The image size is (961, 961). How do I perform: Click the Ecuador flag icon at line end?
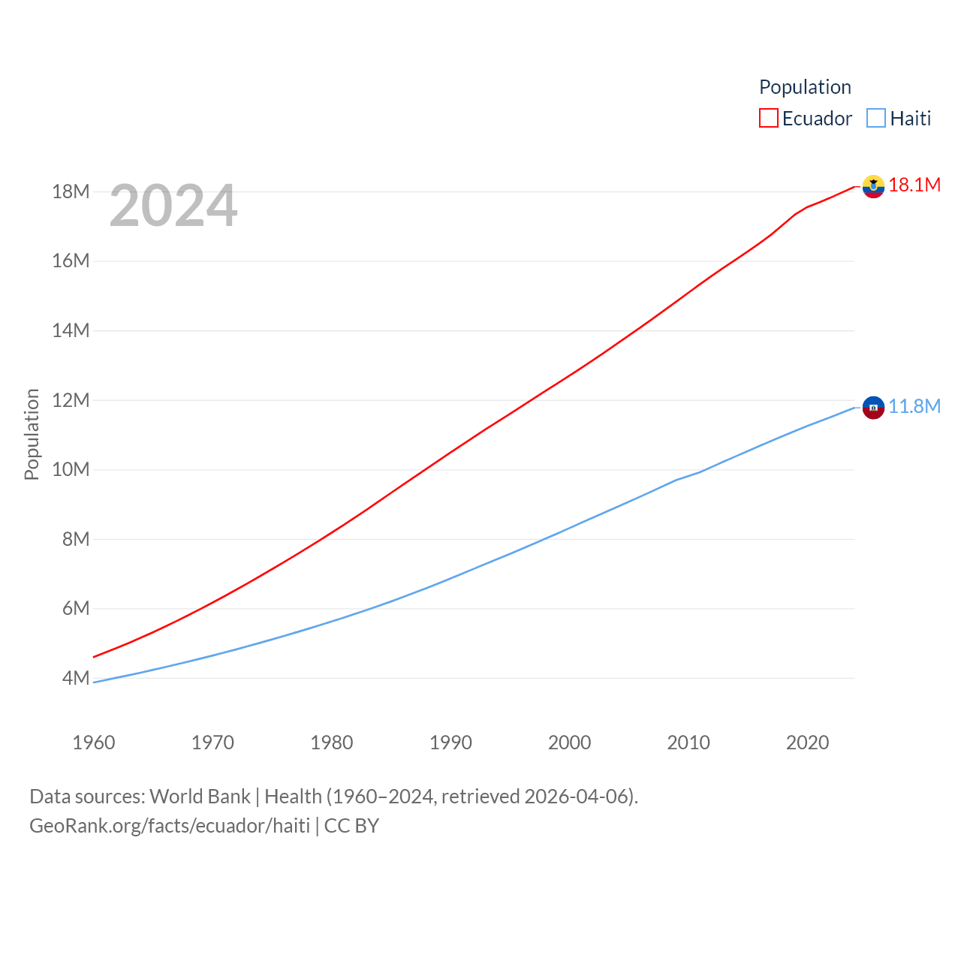pos(873,186)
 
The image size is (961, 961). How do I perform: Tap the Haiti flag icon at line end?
pos(873,408)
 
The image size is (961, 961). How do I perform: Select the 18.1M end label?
pos(914,185)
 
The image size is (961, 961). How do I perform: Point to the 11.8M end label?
pos(914,406)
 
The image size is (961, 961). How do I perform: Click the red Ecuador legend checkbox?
pos(769,118)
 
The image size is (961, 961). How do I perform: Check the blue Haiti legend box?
pos(876,118)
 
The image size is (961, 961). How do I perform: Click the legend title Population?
pos(805,87)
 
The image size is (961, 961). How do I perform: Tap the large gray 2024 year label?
pos(173,206)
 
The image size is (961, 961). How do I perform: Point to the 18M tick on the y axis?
pos(71,191)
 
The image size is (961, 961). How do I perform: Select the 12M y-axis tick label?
pos(71,400)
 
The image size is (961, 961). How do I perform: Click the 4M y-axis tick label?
pos(76,678)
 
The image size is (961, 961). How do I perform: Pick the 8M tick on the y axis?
pos(76,539)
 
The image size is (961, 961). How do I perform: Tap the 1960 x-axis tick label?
pos(94,743)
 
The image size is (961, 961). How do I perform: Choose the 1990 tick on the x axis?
pos(450,743)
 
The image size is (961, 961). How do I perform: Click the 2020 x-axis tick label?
pos(808,743)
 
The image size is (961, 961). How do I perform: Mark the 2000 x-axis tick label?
pos(570,743)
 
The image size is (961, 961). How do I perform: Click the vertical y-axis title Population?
pos(32,434)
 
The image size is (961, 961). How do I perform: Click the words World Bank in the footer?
pos(200,796)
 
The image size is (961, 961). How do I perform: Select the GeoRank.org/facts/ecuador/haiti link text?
pos(170,826)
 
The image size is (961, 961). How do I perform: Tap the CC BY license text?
pos(351,826)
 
